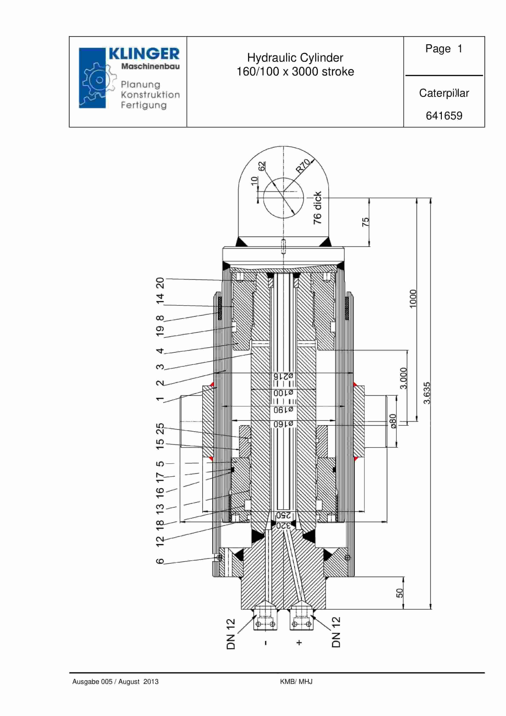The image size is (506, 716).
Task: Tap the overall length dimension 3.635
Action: coord(427,393)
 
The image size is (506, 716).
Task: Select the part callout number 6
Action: coord(160,561)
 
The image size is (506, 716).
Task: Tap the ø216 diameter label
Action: coord(283,376)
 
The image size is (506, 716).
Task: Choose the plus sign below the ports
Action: coord(299,643)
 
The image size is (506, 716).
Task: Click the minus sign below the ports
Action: coord(266,643)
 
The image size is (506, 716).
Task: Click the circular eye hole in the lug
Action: coord(283,198)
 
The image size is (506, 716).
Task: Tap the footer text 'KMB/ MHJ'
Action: coord(296,682)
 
